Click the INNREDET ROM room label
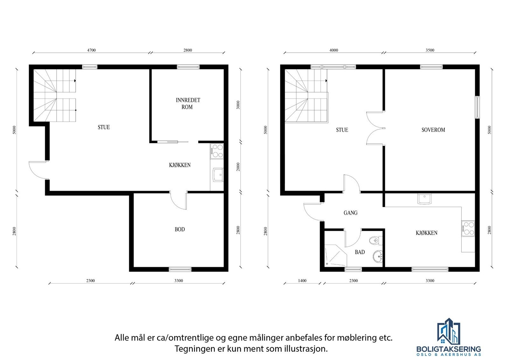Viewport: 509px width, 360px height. pos(188,103)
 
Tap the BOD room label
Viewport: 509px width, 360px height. pos(180,229)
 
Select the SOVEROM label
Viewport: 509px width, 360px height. pos(433,130)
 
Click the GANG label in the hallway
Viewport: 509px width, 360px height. pos(350,213)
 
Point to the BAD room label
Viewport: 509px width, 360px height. pos(360,252)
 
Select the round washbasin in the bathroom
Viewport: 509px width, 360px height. pos(378,256)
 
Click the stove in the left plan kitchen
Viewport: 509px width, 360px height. pos(217,151)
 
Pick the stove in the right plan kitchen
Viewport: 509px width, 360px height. pos(468,228)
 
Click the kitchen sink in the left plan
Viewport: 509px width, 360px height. pos(218,175)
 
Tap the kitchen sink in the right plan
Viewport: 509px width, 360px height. pos(424,199)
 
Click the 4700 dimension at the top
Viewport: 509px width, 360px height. pos(91,50)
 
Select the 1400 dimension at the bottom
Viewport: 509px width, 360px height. pos(302,281)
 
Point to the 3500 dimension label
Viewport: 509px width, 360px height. pos(430,50)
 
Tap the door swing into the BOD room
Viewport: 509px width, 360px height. pos(178,201)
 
